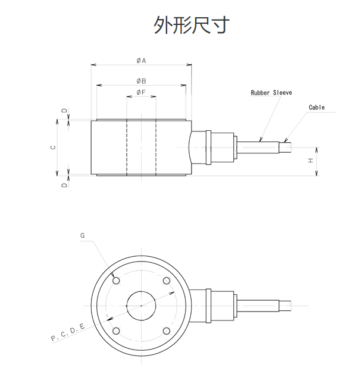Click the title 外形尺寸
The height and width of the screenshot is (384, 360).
coord(192,26)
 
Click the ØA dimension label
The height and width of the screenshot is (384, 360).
coord(141,61)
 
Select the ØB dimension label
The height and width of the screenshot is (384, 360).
coord(141,81)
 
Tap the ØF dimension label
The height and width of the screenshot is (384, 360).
coord(141,93)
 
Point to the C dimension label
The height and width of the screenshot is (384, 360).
coord(54,147)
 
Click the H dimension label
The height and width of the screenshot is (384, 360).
coord(311,160)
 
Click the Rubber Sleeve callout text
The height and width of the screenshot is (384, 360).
coord(271,93)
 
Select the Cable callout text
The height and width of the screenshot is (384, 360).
coord(317,108)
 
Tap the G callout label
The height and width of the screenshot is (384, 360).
coord(83,236)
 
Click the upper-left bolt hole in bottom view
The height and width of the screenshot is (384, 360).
coord(116,281)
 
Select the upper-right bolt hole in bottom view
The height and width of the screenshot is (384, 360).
coord(167,281)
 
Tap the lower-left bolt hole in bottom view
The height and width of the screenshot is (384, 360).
coord(116,331)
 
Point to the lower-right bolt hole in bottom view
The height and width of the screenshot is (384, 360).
coord(167,331)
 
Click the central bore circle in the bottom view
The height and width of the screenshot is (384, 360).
coord(141,306)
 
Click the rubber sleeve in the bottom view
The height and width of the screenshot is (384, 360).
coord(259,306)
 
